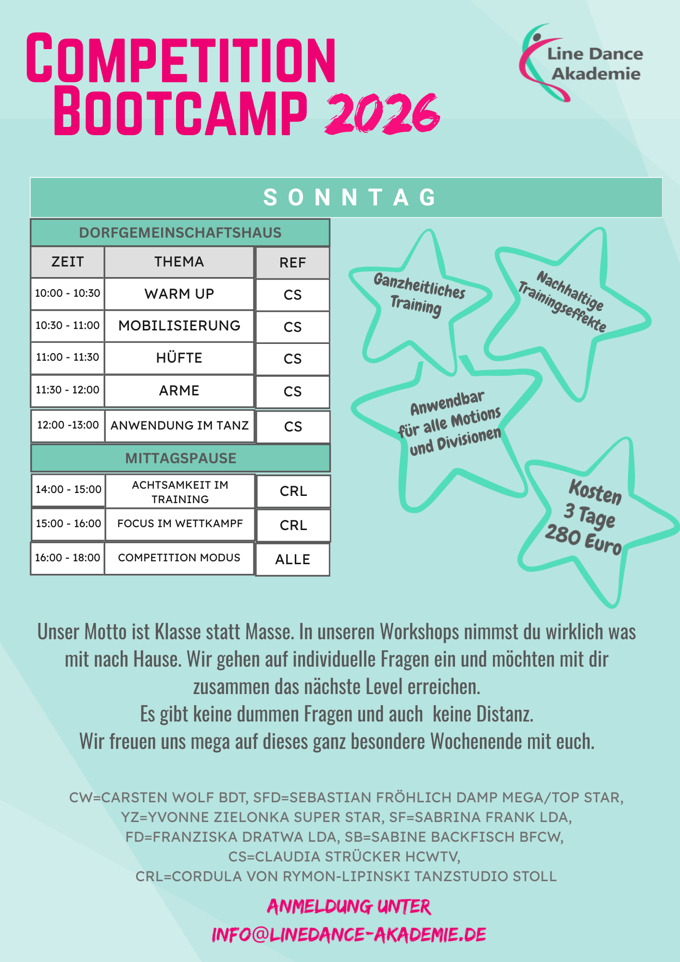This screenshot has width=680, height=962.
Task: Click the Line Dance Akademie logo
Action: (582, 63)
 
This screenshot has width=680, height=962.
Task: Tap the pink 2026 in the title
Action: (382, 114)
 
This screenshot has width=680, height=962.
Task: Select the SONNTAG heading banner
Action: (346, 197)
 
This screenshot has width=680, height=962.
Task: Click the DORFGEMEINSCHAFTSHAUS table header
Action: (180, 233)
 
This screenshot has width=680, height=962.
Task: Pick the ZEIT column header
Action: (67, 262)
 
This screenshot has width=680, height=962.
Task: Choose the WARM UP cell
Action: (179, 293)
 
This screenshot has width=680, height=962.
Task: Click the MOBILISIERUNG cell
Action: (179, 326)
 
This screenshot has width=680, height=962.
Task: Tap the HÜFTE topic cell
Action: (179, 358)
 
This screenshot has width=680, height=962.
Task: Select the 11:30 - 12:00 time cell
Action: (67, 390)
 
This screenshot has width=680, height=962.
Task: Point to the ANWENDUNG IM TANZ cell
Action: (179, 425)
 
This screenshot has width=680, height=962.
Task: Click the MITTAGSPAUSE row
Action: (180, 458)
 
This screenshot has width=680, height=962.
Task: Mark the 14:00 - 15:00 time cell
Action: (68, 490)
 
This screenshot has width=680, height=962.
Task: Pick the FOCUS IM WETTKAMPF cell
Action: (180, 523)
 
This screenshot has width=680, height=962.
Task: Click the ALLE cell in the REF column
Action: (292, 559)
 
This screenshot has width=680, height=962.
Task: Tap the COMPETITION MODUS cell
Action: (179, 557)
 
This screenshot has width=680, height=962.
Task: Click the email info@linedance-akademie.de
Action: (349, 935)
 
